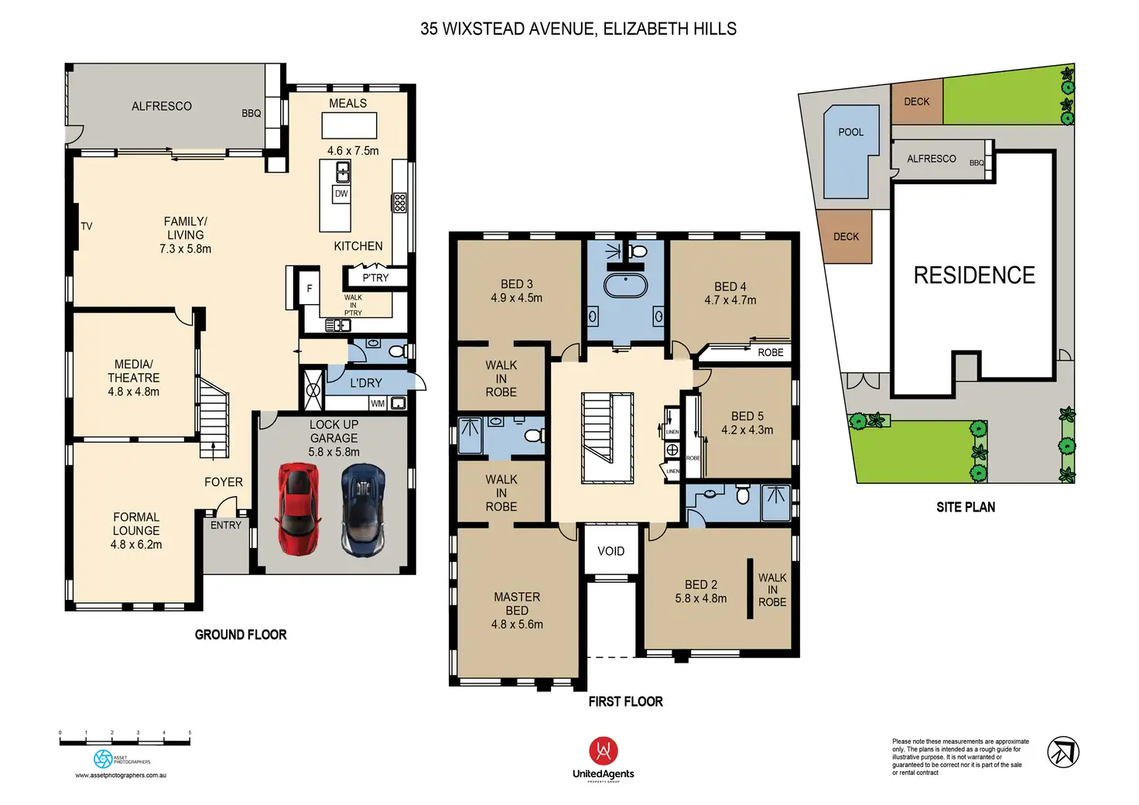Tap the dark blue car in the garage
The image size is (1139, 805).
(362, 509)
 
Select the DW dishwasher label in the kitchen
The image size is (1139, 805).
(341, 194)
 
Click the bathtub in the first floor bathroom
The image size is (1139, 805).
(625, 286)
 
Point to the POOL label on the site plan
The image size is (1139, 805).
(850, 132)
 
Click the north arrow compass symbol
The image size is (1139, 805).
(1063, 752)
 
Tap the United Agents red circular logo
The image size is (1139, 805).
(604, 751)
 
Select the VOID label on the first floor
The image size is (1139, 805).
(611, 551)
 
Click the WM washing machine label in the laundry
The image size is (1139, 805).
(378, 403)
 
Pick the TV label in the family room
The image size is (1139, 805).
(87, 227)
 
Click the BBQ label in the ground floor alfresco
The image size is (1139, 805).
(251, 114)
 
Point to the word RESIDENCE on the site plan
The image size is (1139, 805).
(974, 276)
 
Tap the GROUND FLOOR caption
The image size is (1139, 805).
(241, 635)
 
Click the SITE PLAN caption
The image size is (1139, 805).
(966, 507)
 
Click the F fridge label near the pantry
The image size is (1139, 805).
(310, 289)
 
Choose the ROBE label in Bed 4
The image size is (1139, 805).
(771, 353)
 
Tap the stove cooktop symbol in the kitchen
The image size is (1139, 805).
(399, 203)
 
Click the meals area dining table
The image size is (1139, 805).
(349, 125)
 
